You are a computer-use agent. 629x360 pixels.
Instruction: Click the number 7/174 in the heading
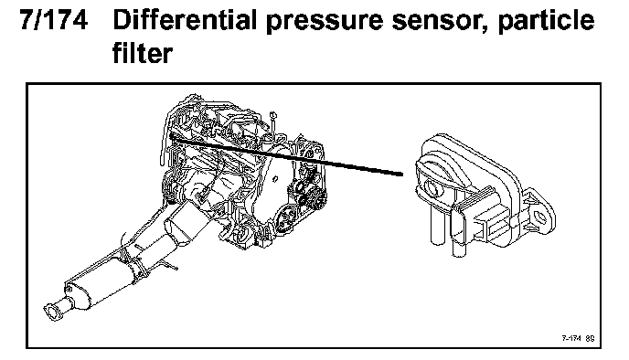coord(54,20)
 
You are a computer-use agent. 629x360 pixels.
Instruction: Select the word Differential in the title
coord(185,20)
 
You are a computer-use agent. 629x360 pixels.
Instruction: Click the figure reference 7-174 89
coord(578,338)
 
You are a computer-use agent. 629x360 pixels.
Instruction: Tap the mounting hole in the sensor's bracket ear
coord(541,217)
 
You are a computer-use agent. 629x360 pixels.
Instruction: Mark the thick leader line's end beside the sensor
coord(401,175)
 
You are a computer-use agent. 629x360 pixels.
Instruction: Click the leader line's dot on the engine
coord(172,137)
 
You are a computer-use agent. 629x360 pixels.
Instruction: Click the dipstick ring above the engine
coord(272,115)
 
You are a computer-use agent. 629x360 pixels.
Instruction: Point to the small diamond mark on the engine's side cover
coord(275,179)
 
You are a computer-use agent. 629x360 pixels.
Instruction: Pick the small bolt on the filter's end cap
coord(69,289)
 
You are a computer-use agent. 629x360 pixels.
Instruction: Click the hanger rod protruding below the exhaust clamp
coord(170,266)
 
